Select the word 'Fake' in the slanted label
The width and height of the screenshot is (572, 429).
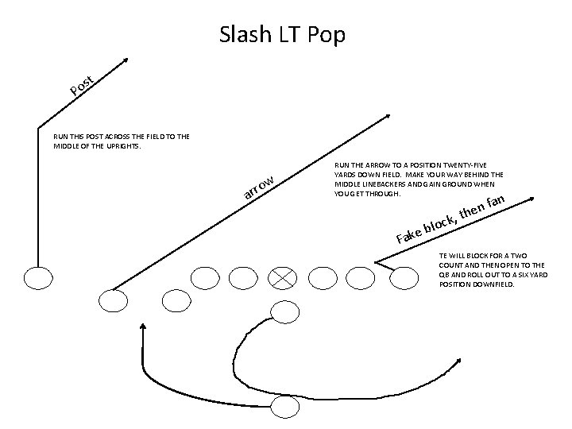(408, 234)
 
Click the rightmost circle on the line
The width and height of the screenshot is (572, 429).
(404, 277)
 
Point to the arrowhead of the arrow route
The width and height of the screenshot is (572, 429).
(385, 118)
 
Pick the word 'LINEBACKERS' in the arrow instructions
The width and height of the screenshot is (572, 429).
(381, 186)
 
